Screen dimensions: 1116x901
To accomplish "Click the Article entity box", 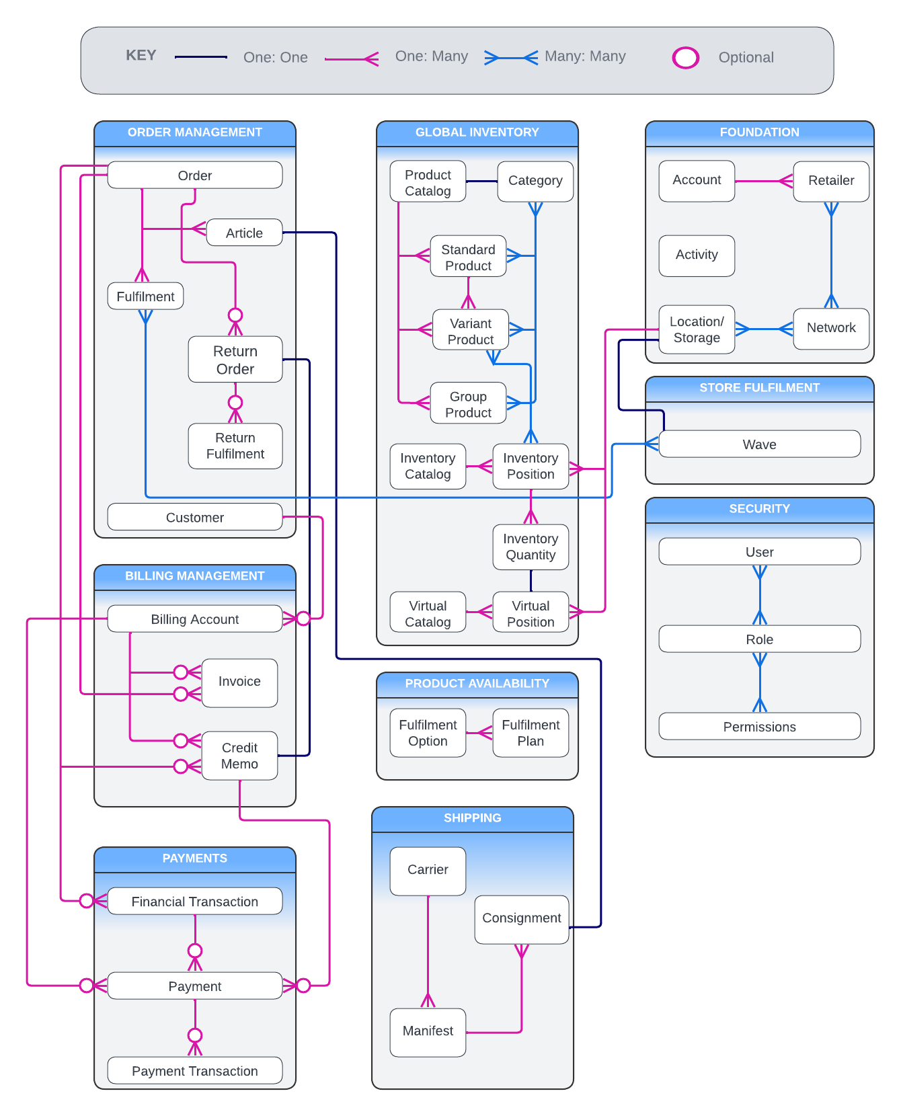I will pos(244,233).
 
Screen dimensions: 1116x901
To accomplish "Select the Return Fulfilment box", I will pos(235,446).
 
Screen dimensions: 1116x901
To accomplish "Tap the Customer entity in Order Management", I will pos(194,517).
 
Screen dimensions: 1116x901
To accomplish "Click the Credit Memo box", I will pos(239,756).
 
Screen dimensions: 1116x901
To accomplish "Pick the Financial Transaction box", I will pos(194,902).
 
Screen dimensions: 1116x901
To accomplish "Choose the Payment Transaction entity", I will pos(194,1071).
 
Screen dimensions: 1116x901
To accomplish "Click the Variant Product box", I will pos(470,331).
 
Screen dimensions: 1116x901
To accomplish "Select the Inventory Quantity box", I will pos(531,547).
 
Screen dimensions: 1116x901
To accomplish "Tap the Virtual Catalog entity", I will pos(428,613).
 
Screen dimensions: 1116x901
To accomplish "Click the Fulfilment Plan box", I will pos(531,733).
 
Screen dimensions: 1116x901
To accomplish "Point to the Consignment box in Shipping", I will pos(521,918).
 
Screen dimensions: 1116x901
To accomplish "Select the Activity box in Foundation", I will pos(697,255).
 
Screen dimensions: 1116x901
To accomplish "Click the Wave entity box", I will pos(759,444).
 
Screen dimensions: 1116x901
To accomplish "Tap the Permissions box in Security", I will pos(759,727).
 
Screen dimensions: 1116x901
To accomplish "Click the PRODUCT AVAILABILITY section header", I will pos(477,684).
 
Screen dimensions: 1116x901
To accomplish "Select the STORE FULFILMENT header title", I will pos(759,388).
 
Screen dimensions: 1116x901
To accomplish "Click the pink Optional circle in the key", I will pos(686,58).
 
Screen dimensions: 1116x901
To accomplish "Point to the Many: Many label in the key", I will pos(585,56).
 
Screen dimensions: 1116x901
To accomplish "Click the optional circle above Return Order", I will pos(235,315).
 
